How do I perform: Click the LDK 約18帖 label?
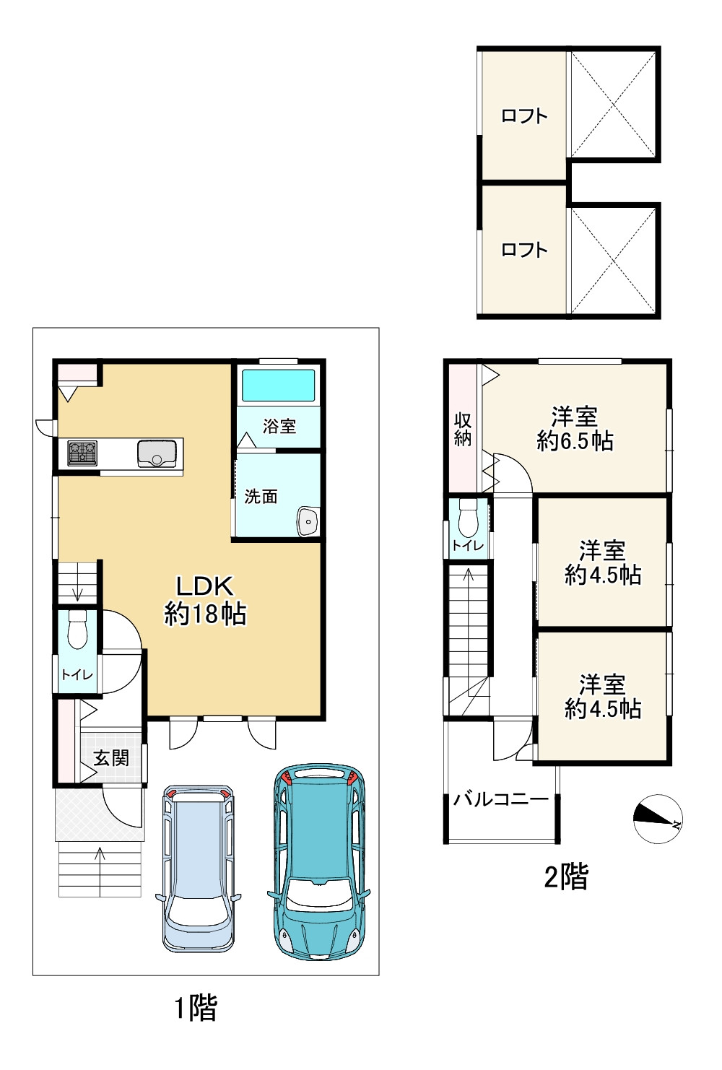pyautogui.click(x=206, y=601)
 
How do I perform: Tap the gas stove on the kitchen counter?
pyautogui.click(x=82, y=453)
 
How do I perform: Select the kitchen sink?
pyautogui.click(x=157, y=453)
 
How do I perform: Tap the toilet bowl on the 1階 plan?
pyautogui.click(x=77, y=630)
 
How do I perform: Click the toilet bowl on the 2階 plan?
pyautogui.click(x=468, y=518)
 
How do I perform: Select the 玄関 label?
pyautogui.click(x=111, y=758)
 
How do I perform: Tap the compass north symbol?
pyautogui.click(x=658, y=819)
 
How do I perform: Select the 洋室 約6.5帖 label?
pyautogui.click(x=575, y=429)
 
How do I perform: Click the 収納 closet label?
pyautogui.click(x=463, y=430)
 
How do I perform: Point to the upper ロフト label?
pyautogui.click(x=524, y=116)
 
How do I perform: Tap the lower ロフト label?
pyautogui.click(x=524, y=250)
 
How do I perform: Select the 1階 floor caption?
pyautogui.click(x=196, y=1007)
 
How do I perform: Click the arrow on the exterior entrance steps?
pyautogui.click(x=100, y=861)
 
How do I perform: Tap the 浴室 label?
pyautogui.click(x=279, y=426)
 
